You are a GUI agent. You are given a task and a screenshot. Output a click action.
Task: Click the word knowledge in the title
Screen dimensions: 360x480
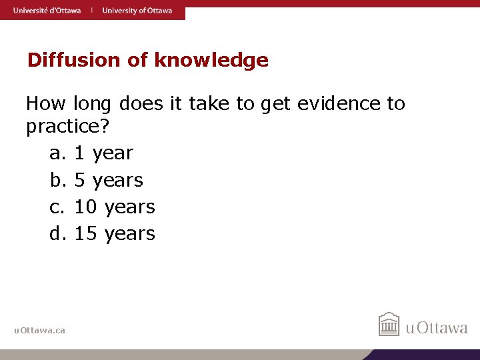coord(211,61)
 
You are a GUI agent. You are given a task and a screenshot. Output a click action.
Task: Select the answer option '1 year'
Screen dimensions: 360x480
coord(103,153)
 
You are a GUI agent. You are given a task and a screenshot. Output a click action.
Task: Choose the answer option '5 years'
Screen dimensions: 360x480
coord(109,180)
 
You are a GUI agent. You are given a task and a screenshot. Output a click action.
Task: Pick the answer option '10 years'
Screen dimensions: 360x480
coord(115,207)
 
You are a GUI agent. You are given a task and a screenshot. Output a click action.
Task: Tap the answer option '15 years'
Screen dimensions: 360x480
coord(115,233)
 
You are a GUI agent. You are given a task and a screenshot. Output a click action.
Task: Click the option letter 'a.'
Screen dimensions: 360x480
coord(58,153)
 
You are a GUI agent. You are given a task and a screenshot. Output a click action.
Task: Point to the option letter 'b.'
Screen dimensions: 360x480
coord(59,180)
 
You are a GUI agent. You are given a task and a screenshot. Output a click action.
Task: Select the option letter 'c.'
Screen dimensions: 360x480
coord(58,207)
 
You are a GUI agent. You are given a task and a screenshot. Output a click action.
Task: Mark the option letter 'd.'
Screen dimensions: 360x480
coord(59,233)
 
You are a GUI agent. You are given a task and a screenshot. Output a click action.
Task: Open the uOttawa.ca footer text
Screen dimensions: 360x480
coord(39,330)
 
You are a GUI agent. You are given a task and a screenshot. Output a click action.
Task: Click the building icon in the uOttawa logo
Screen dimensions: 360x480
coord(389,325)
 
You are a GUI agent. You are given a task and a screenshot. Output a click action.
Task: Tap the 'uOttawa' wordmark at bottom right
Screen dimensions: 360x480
coord(437,327)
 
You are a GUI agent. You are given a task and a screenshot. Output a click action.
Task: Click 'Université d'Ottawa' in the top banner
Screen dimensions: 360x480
coord(46,10)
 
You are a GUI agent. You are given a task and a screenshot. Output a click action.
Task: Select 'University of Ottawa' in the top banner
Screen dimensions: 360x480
coord(137,10)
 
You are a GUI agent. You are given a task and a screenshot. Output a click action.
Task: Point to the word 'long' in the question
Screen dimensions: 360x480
coord(93,104)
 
